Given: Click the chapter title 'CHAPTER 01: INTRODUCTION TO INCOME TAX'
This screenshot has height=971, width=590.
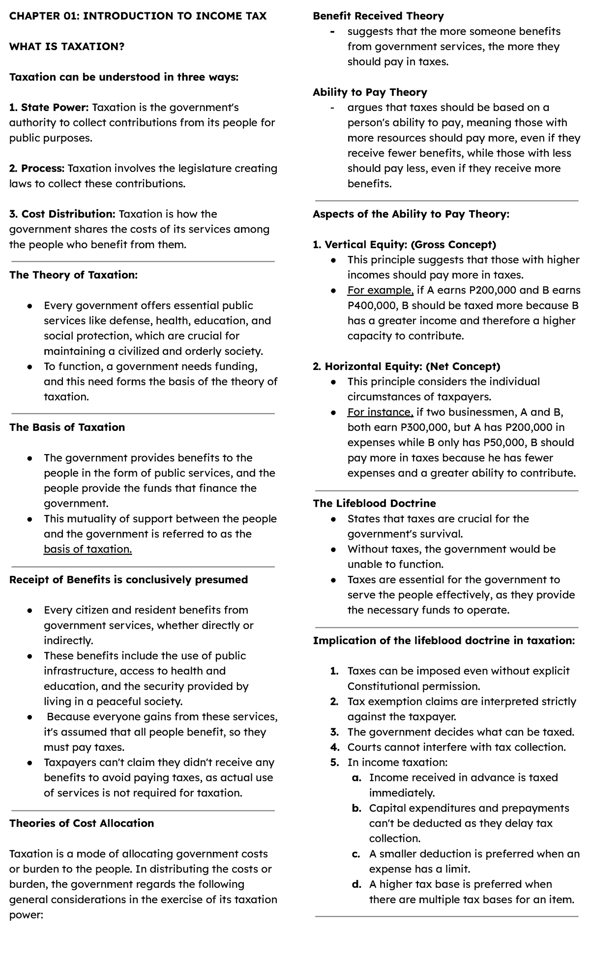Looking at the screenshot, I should point(138,16).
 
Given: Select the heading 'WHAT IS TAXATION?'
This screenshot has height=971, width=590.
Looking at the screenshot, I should point(67,47).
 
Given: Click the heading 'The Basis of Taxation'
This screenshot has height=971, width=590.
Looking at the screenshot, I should point(67,428).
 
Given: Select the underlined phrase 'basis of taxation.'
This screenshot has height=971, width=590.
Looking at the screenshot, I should point(88,549).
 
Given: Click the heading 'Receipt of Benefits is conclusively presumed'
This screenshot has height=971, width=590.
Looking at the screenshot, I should point(128,580).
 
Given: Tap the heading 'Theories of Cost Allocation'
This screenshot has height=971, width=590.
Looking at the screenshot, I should point(81,824).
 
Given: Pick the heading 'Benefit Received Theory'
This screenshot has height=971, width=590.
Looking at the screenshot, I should point(378,16).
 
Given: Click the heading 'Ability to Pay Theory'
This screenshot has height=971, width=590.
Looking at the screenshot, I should point(370,92).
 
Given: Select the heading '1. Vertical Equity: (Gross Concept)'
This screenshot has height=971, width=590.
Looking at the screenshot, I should point(404,245).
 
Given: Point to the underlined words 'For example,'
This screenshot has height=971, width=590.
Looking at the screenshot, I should point(380,290).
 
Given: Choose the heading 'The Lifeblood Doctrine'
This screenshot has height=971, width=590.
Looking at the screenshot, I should point(374,504).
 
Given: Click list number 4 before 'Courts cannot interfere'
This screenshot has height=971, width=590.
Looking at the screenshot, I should point(335,747).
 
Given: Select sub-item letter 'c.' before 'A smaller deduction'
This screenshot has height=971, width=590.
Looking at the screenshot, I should point(357,854).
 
